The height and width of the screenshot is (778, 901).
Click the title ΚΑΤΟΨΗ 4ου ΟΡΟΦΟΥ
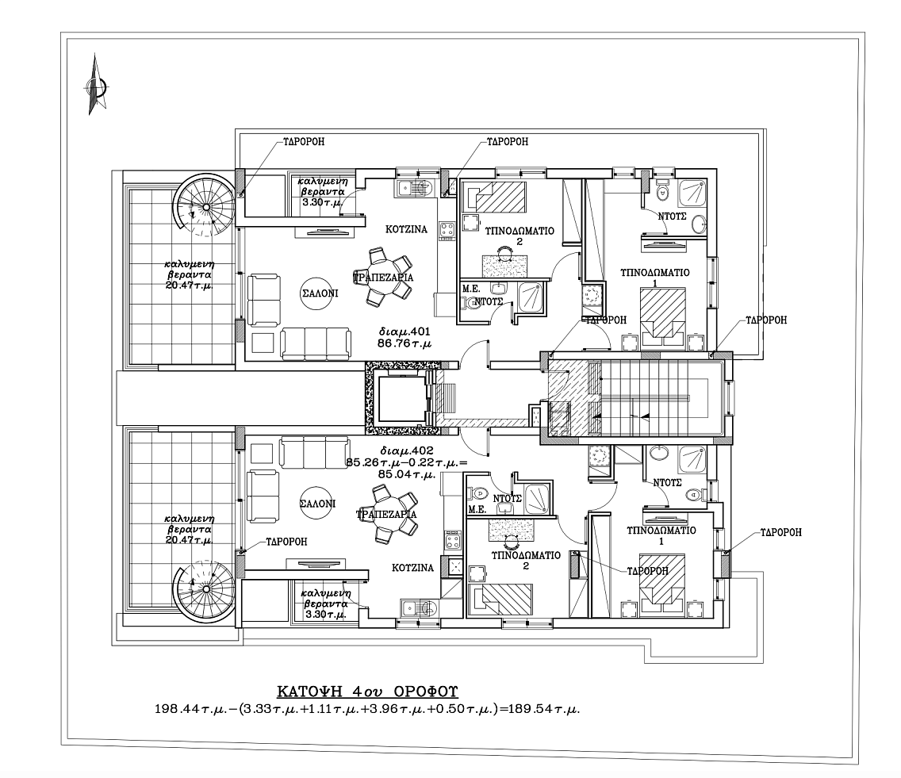[368, 691]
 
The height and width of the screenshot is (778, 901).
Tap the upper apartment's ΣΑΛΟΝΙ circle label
[320, 293]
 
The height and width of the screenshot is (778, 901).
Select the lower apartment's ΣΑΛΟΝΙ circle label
[318, 504]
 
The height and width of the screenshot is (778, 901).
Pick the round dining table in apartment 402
[387, 514]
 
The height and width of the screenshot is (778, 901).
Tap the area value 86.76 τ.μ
[405, 343]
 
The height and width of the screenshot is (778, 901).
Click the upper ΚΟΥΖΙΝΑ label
[406, 229]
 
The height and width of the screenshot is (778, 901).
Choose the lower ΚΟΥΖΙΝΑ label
[412, 568]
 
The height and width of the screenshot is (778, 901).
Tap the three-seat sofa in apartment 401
[316, 343]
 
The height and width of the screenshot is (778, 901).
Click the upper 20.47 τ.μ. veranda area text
[189, 285]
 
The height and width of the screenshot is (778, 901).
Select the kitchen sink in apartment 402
[418, 609]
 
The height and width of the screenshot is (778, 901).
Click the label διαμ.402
[406, 451]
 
